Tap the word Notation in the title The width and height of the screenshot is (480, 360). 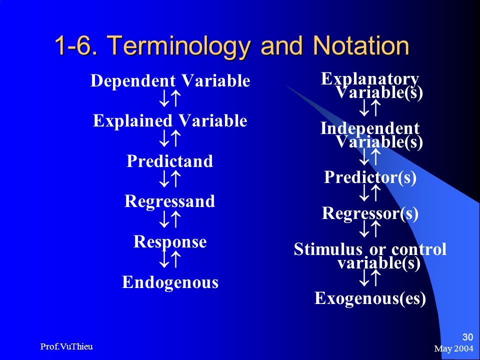tap(361, 45)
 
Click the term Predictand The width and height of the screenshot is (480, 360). tap(169, 161)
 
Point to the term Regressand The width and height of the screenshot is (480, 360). tap(169, 201)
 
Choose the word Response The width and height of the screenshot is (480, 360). tap(170, 242)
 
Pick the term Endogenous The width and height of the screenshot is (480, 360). tap(170, 282)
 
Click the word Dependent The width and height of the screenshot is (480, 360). tap(133, 81)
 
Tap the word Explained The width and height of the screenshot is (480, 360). tap(132, 121)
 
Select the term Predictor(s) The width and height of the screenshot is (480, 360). tap(370, 177)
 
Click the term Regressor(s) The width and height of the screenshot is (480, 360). tap(370, 213)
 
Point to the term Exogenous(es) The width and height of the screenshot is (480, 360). tap(370, 298)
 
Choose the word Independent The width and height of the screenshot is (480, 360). tap(370, 128)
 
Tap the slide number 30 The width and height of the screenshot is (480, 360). tap(467, 337)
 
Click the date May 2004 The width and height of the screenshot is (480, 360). tap(453, 348)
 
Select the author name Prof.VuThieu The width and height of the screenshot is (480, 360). tap(66, 346)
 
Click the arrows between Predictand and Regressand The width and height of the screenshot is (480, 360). tap(169, 179)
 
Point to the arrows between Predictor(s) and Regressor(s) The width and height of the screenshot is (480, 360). tap(369, 193)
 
